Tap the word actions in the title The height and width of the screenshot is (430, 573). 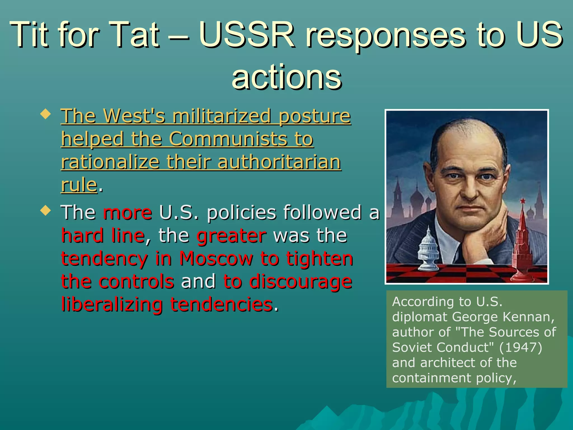point(286,77)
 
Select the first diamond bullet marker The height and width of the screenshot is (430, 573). point(46,114)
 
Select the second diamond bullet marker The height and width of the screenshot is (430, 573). point(46,211)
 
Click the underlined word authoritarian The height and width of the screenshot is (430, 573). point(279,162)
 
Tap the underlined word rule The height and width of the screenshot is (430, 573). point(79,185)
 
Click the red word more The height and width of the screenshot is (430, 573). point(128,212)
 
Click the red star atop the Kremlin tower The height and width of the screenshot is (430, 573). point(522,201)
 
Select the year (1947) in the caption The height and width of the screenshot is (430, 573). point(521,347)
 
